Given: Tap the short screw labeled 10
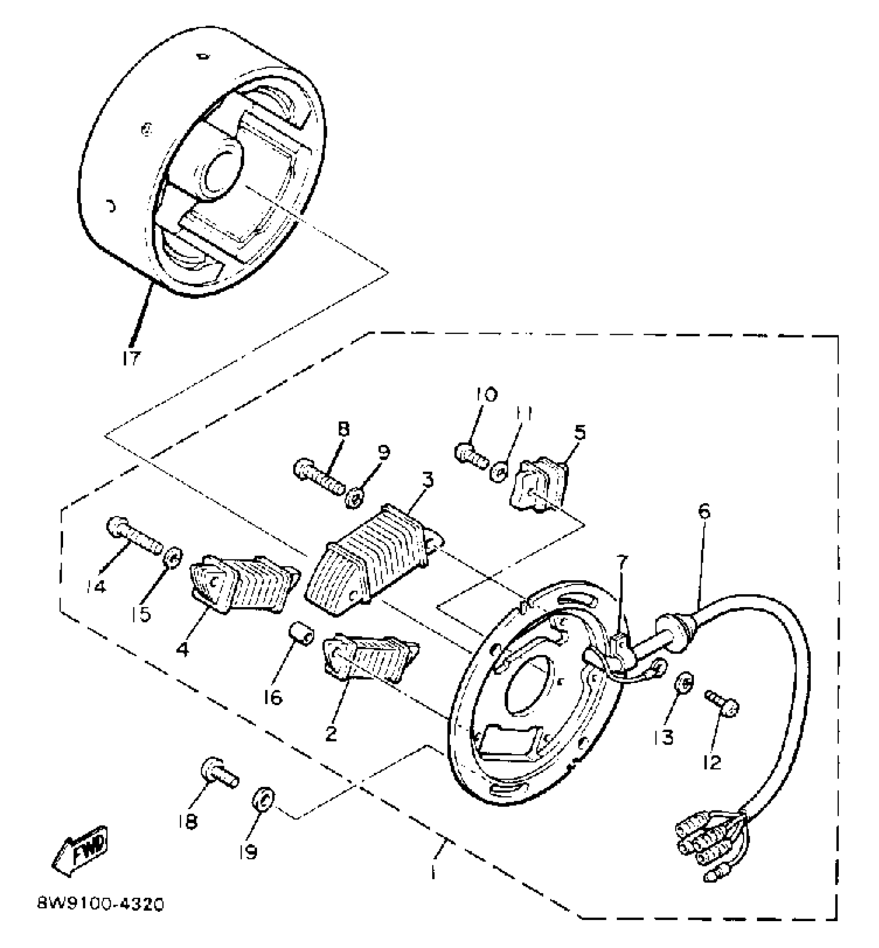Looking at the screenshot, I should [471, 456].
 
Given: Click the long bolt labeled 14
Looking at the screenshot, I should [133, 537].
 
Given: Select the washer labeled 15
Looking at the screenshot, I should [173, 558].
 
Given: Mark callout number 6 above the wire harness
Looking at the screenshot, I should [704, 511].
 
